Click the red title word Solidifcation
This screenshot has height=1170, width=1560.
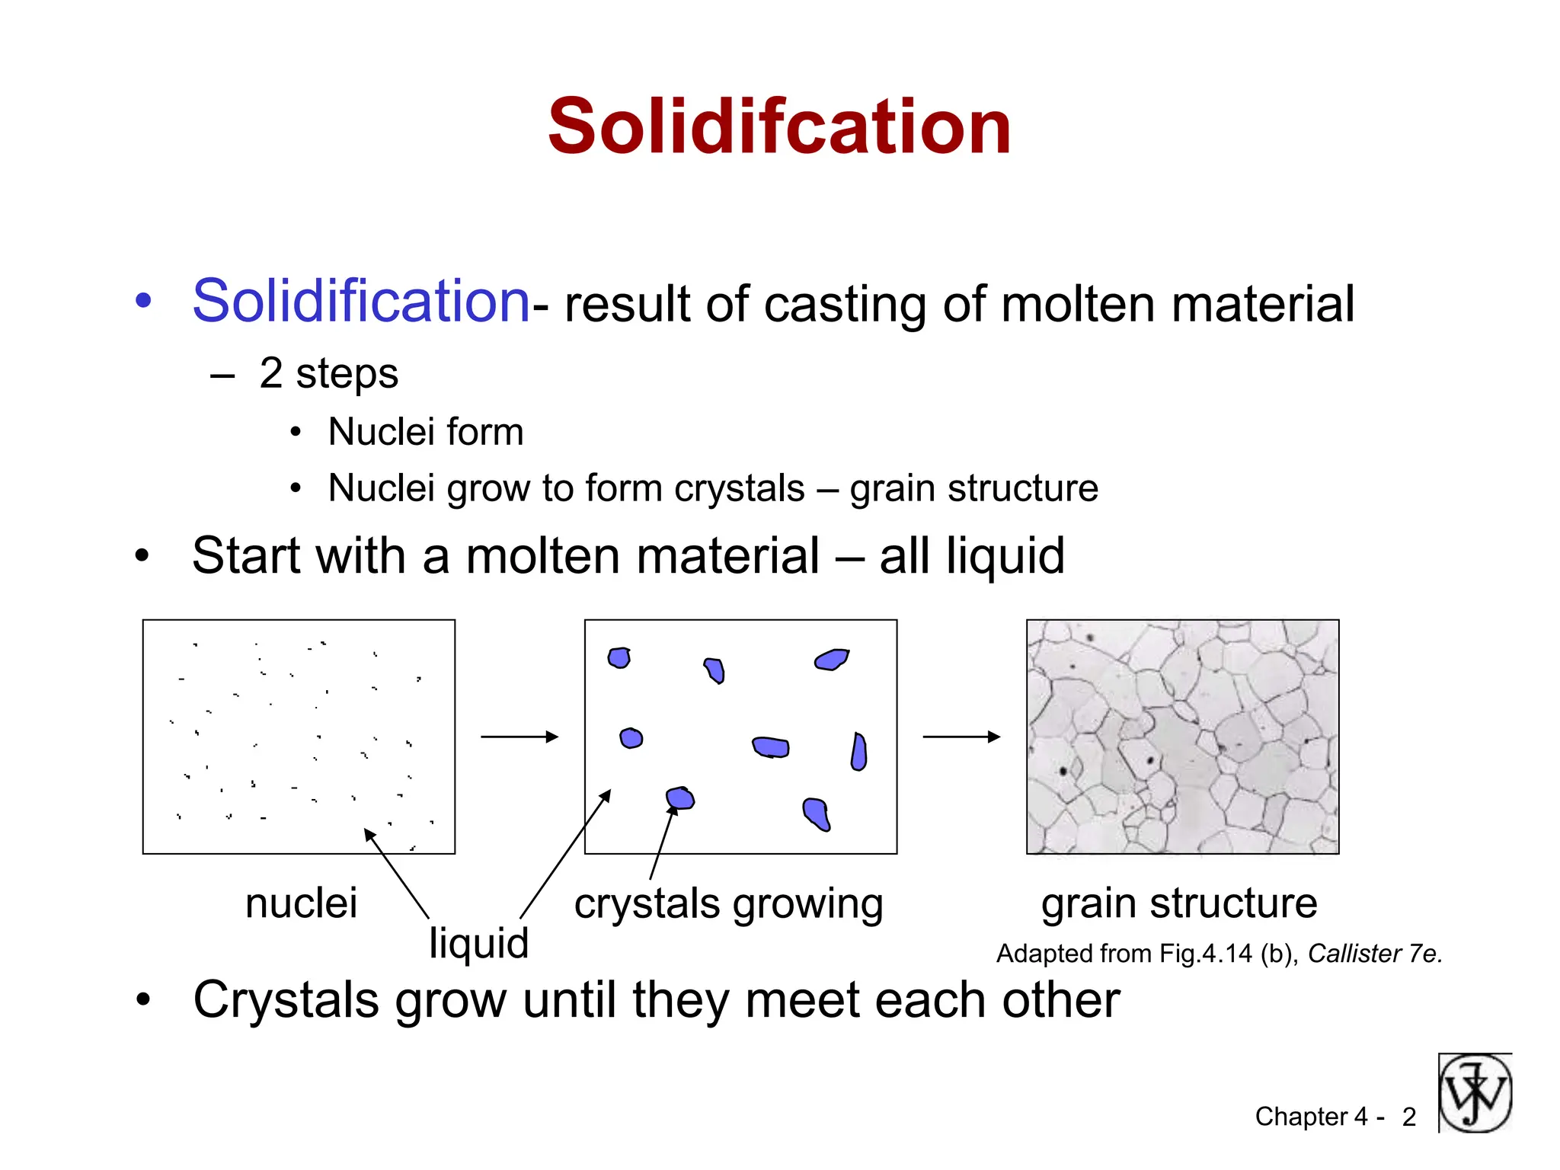click(779, 127)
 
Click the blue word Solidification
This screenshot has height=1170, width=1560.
click(360, 301)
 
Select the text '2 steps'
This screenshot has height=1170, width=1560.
click(328, 373)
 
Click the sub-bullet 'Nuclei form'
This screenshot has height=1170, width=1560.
click(425, 432)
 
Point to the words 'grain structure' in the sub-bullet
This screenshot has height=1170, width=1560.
click(973, 488)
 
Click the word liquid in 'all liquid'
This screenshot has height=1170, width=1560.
click(1005, 555)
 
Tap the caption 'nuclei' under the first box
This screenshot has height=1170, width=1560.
click(301, 903)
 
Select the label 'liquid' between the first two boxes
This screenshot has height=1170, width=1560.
click(478, 943)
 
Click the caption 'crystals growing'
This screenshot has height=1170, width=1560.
click(728, 904)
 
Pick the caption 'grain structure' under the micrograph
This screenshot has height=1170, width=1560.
click(1179, 903)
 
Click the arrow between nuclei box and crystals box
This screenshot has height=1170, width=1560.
click(519, 737)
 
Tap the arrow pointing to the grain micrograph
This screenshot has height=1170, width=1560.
click(961, 737)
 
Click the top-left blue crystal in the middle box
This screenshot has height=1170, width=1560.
click(619, 657)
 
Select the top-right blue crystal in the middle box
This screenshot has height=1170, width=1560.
click(831, 659)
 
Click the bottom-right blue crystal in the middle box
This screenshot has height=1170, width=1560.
click(816, 814)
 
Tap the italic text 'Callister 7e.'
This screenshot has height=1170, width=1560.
click(1375, 954)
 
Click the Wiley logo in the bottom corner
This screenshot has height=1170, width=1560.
click(1475, 1093)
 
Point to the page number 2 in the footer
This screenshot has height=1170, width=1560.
click(1408, 1117)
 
